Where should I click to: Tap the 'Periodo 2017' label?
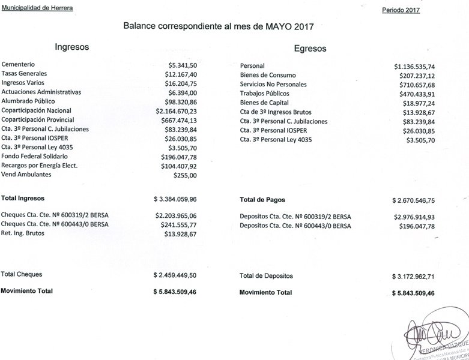point(401,10)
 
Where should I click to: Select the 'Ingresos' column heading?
point(72,47)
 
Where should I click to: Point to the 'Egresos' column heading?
point(310,49)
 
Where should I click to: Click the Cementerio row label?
point(18,64)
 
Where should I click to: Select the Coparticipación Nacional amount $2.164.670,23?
point(177,111)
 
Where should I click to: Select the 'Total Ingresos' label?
point(23,197)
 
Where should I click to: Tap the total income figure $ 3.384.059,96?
point(175,198)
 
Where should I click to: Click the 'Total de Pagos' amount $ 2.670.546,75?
point(413,199)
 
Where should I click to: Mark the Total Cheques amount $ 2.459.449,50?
point(175,275)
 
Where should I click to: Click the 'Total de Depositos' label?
point(266,276)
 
